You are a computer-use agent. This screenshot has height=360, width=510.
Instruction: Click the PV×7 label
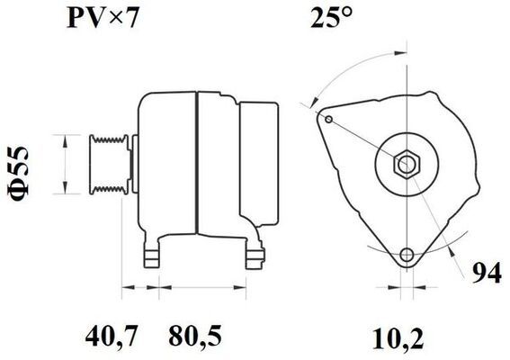point(103,19)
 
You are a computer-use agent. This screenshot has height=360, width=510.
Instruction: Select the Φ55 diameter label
point(19,172)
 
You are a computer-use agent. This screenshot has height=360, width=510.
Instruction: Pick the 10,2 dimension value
point(398,338)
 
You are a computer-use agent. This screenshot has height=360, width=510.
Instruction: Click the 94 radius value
point(487,273)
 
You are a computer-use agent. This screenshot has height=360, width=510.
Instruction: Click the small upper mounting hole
point(329,119)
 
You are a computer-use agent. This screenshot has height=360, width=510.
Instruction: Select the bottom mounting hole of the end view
point(407,255)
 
